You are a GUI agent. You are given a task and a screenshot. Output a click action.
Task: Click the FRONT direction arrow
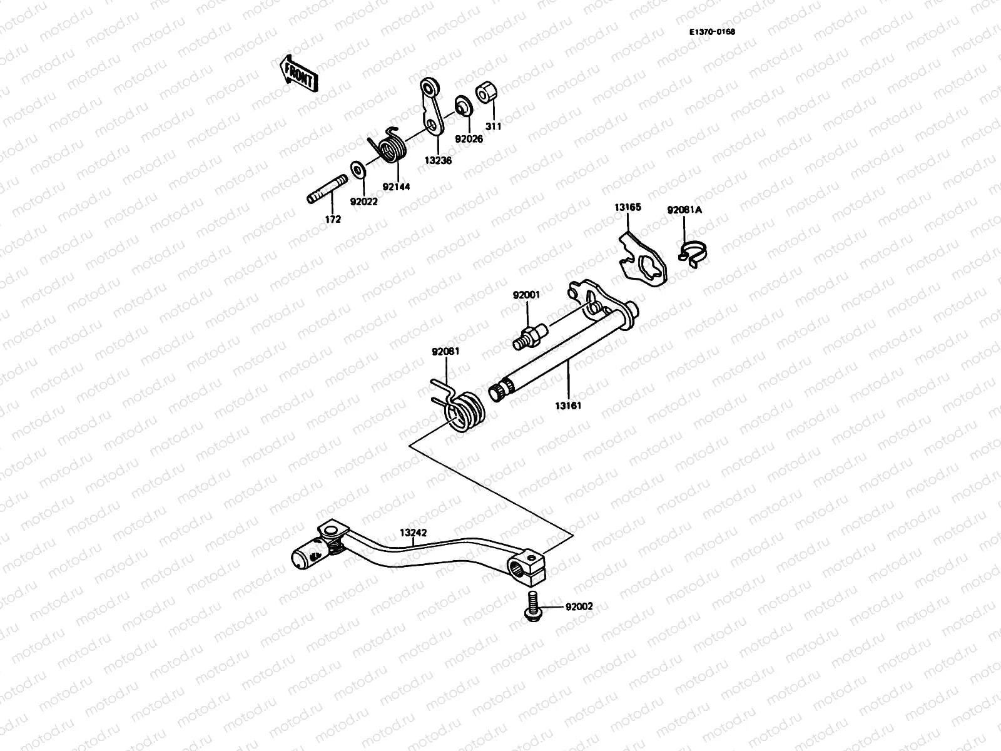299,74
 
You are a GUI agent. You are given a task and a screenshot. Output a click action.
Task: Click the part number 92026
469,139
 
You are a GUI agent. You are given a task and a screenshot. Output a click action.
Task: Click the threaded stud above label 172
327,189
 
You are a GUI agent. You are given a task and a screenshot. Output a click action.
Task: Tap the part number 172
333,219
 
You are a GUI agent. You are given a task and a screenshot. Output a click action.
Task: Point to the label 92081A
684,210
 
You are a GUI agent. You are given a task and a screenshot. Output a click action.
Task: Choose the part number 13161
567,405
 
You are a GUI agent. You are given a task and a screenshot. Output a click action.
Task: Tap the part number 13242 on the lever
414,534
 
